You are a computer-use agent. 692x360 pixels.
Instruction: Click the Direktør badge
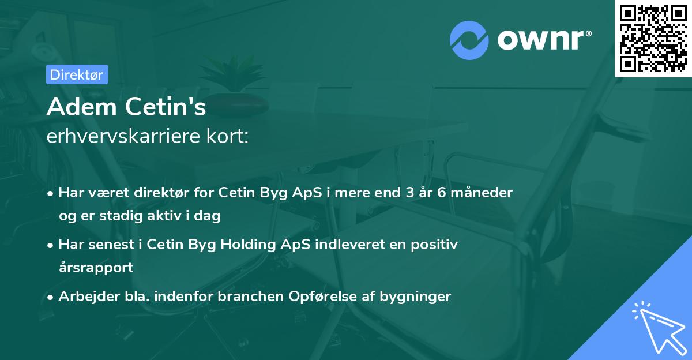coord(77,74)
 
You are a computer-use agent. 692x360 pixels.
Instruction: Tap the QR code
coord(652,38)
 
